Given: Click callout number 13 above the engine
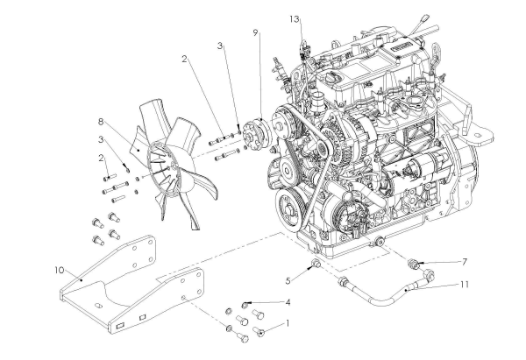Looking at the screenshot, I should (295, 18).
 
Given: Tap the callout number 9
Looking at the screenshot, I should (255, 34).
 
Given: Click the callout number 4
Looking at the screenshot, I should (286, 302).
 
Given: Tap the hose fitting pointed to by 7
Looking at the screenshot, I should (415, 262).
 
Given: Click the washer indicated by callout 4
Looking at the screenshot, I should (247, 305).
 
